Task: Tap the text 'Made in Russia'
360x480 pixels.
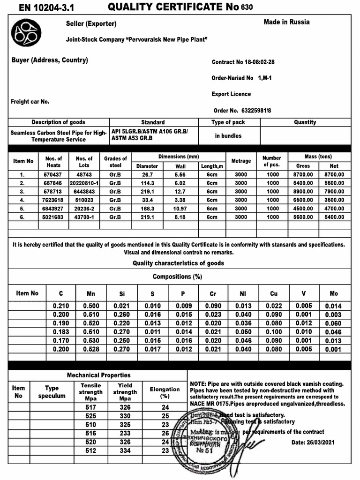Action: (286, 22)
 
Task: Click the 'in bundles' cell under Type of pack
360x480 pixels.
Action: (228, 136)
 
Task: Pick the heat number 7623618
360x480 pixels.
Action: (53, 200)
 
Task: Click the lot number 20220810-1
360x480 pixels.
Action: (84, 183)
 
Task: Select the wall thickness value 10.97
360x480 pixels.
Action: (180, 208)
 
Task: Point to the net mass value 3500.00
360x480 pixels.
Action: (334, 200)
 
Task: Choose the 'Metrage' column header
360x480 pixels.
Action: (241, 161)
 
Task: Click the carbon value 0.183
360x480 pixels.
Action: (61, 332)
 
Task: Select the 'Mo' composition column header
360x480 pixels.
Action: (334, 294)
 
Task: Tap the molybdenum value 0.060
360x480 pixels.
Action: (334, 323)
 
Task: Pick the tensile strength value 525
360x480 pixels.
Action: (90, 416)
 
